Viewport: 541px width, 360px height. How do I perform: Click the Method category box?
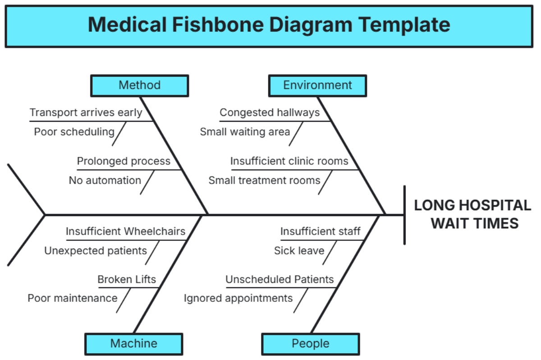coord(139,85)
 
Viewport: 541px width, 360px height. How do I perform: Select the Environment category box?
coord(317,85)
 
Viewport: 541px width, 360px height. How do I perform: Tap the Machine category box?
coord(133,344)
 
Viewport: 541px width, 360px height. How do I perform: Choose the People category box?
coord(311,344)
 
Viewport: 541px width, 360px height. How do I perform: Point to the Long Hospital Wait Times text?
coord(472,214)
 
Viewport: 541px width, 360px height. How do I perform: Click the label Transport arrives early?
coord(86,113)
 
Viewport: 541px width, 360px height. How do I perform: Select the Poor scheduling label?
coord(74,132)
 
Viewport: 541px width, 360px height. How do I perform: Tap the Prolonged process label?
coord(124,162)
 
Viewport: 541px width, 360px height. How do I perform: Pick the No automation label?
coord(105,180)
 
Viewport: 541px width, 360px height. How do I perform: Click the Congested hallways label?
coord(270,113)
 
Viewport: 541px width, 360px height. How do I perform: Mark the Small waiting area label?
coord(245,132)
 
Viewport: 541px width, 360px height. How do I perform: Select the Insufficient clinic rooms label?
coord(289,162)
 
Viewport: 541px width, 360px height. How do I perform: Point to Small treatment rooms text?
coord(264,180)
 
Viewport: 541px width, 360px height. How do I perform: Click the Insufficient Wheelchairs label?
coord(125,231)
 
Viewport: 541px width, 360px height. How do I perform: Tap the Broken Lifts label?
coord(127,279)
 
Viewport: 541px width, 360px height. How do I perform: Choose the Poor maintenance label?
coord(72,298)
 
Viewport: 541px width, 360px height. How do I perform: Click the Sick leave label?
coord(299,251)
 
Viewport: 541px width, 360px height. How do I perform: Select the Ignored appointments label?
coord(238,298)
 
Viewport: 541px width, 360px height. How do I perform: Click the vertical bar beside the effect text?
coord(404,215)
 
